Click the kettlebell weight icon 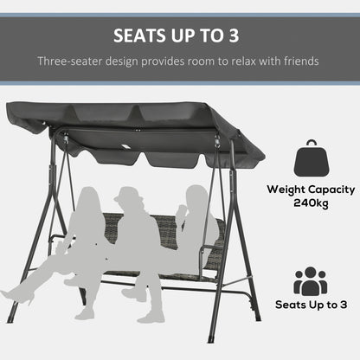[310, 159]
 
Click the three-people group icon [310, 281]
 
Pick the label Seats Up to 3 [310, 305]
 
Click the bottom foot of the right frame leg [254, 317]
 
